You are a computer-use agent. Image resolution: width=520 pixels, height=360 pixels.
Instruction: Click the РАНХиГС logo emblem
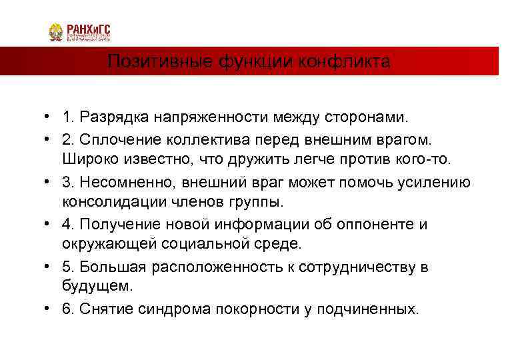tap(56, 33)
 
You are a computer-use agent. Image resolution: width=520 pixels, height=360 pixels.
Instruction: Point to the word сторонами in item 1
tap(373, 118)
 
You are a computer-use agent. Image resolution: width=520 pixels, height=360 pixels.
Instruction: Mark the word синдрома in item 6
tap(177, 309)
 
